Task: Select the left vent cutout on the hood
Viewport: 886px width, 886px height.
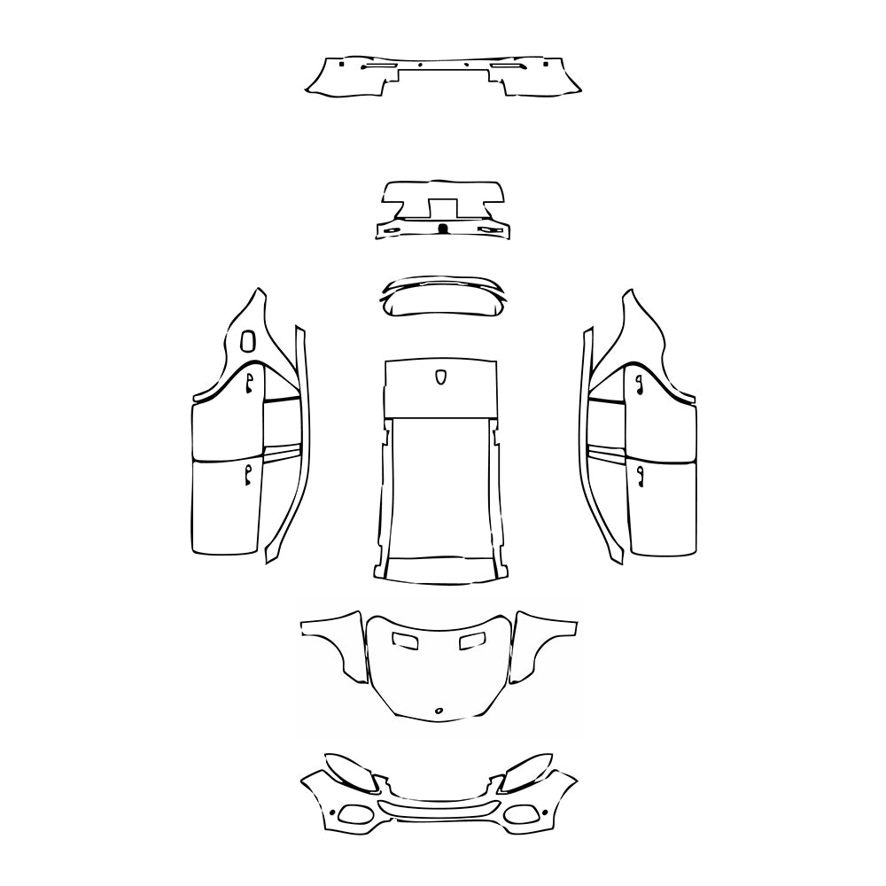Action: pos(407,640)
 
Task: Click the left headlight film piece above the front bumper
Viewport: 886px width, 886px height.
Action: pos(351,769)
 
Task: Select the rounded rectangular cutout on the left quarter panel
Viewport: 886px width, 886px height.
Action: pos(247,338)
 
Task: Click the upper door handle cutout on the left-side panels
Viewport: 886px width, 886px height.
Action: pos(250,382)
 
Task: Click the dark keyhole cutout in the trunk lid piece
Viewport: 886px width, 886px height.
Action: pos(442,229)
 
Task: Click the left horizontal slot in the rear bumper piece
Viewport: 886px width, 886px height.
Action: pos(379,67)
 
